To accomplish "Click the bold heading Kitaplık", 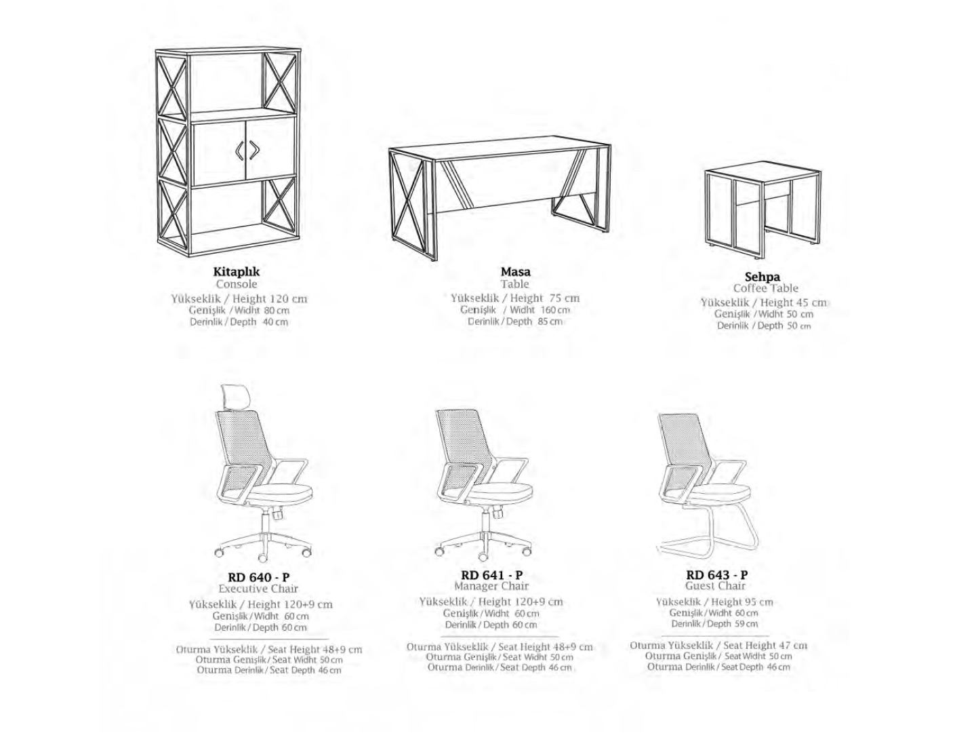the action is click(236, 271).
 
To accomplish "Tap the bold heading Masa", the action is click(515, 271).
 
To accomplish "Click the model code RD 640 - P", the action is click(259, 577).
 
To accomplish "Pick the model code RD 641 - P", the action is click(491, 574).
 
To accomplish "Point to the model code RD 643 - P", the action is click(717, 574).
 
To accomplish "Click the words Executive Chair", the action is click(258, 589).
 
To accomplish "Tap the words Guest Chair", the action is click(716, 586).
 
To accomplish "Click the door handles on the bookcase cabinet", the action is click(246, 151).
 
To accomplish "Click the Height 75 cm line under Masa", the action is click(515, 298).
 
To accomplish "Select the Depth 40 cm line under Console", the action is click(239, 321).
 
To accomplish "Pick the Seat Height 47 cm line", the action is click(718, 645).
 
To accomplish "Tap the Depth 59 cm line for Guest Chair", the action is click(714, 624).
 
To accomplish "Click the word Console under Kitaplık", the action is click(237, 283).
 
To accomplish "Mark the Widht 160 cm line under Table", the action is click(515, 310).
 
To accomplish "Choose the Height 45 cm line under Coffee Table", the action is click(764, 302).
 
